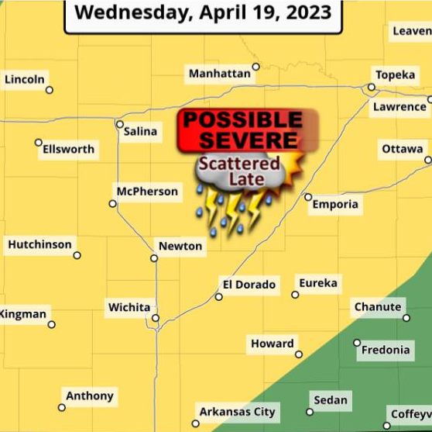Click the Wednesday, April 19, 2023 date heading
coord(203,13)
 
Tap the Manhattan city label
coord(220,74)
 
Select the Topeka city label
coord(396,75)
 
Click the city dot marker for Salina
coord(120,124)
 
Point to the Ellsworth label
coord(69,149)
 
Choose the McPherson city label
coord(147,191)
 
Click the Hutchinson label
coord(39,244)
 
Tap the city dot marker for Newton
coord(154,258)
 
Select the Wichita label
coord(129,307)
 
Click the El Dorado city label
coord(249,285)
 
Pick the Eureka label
coord(318,283)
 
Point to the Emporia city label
coord(335,204)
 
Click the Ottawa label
coord(403,149)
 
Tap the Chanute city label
coord(378,307)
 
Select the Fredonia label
coord(386,350)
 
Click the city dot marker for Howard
coord(299,354)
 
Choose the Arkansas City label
coord(238,412)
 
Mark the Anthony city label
coord(90,396)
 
